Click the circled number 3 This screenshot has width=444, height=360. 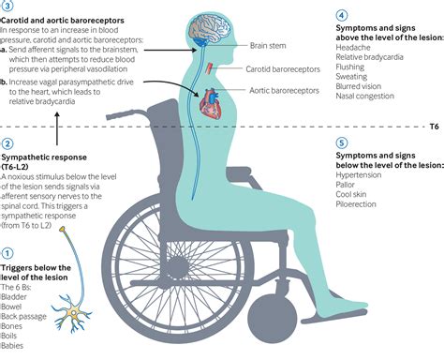(8, 5)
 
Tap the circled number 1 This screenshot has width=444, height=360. (8, 252)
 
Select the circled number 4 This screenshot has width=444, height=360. (343, 16)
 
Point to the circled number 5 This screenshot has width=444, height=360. (343, 144)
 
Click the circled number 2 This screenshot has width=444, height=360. (8, 144)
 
